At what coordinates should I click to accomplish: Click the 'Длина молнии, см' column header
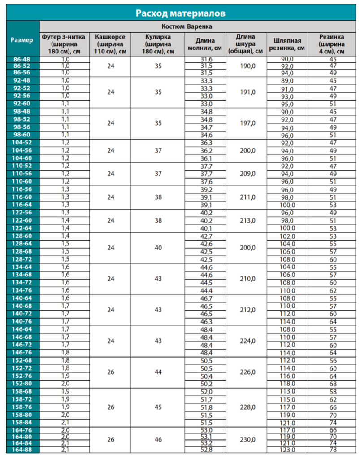[205, 44]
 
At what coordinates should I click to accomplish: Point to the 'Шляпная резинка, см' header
[287, 44]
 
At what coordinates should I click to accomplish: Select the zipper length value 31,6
[206, 59]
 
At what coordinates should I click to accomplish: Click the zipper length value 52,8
[206, 450]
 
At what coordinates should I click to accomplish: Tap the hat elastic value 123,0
[287, 450]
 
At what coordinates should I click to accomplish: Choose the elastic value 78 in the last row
[333, 450]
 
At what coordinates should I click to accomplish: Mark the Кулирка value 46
[158, 440]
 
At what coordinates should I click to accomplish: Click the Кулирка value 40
[158, 248]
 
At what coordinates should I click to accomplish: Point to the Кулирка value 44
[158, 372]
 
